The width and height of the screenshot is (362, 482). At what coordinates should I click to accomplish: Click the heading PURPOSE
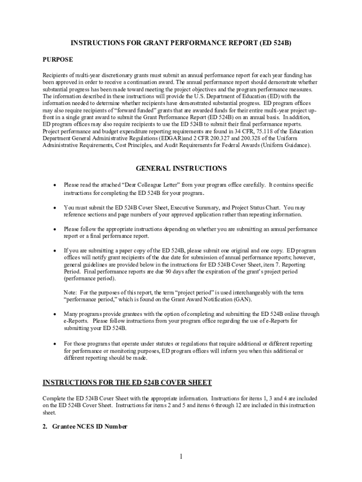coord(58,60)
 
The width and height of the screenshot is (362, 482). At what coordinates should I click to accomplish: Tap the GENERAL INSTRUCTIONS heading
coord(181,168)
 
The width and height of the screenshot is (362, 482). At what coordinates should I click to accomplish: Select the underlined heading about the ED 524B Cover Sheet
coord(127,382)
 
